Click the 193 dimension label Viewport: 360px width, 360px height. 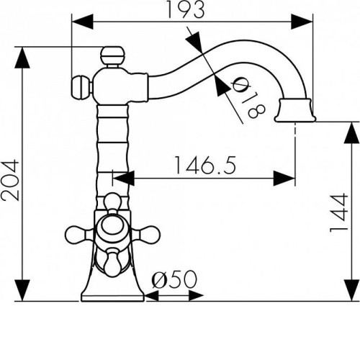(186, 9)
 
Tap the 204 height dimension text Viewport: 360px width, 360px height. (10, 181)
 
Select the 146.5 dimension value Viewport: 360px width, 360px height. (205, 166)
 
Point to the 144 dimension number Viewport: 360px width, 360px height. (339, 212)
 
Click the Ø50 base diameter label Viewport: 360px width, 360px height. (174, 279)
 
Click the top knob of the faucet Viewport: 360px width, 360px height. (112, 55)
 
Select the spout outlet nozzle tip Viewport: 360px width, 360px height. (295, 110)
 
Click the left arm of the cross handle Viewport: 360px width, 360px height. (78, 234)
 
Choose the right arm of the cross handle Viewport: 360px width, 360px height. (146, 234)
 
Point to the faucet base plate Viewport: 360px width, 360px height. (112, 297)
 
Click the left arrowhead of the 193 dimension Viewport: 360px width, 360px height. (83, 22)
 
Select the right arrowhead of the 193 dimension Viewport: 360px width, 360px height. (302, 22)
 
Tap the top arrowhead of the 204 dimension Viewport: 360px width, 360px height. (22, 58)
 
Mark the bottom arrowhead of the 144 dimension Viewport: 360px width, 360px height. (352, 290)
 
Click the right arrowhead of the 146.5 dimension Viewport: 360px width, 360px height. (284, 179)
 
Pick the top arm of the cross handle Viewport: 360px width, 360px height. (112, 204)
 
